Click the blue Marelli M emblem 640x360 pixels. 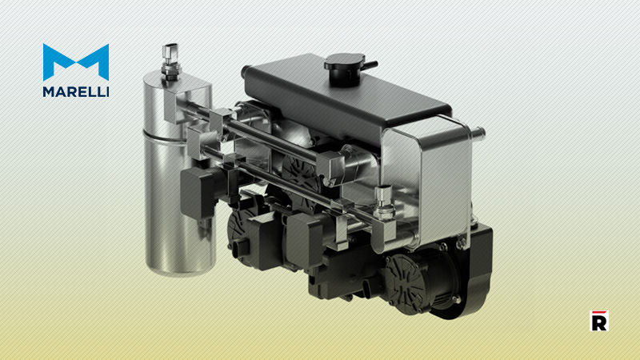pyautogui.click(x=75, y=62)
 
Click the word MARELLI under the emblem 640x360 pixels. pyautogui.click(x=75, y=90)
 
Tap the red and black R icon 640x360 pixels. pyautogui.click(x=598, y=320)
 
